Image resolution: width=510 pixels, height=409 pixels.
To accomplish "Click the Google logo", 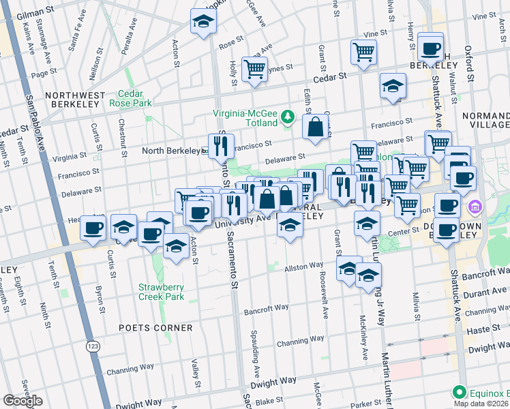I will tap(23, 401).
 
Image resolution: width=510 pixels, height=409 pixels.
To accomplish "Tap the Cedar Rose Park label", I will tap(134, 98).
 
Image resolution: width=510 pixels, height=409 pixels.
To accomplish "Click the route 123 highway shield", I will tap(92, 347).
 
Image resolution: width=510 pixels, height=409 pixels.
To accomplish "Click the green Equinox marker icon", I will tap(460, 393).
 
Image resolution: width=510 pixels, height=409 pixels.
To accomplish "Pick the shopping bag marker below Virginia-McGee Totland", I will tap(315, 127).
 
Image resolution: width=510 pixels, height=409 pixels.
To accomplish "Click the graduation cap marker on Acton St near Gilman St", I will tap(202, 22).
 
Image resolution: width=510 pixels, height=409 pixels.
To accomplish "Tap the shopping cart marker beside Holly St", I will tap(254, 69).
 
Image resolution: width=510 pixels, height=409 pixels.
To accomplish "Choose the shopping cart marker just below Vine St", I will tap(363, 51).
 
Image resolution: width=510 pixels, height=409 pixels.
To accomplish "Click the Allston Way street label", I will tap(303, 265).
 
